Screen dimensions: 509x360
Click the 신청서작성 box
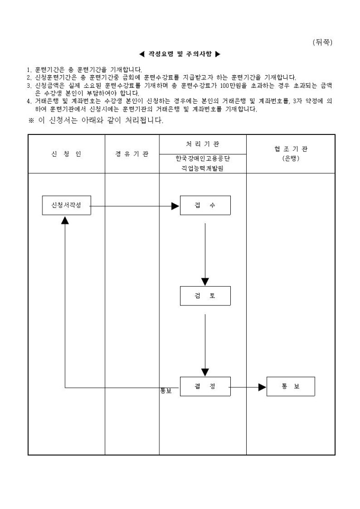[x=66, y=205]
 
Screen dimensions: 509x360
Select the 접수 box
[x=205, y=205]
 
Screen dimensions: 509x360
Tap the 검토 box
[x=205, y=296]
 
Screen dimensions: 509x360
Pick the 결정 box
[x=205, y=386]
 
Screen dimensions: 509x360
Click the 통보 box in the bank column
[x=291, y=386]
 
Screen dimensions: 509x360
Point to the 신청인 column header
[x=66, y=154]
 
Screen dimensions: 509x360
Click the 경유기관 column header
[x=132, y=154]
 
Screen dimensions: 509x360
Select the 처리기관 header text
[x=202, y=144]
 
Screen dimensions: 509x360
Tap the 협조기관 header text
[x=291, y=149]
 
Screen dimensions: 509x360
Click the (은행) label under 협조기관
[x=291, y=158]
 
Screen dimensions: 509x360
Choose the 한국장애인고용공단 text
[x=203, y=158]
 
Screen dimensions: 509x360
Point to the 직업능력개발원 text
[x=203, y=168]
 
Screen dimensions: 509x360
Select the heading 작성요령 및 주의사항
[x=179, y=54]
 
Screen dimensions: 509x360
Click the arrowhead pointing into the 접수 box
[x=175, y=205]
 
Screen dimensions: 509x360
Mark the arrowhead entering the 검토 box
[x=205, y=281]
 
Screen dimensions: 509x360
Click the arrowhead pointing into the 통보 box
[x=262, y=387]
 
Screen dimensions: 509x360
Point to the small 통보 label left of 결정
[x=166, y=392]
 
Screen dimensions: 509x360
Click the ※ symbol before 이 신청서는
[x=31, y=121]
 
